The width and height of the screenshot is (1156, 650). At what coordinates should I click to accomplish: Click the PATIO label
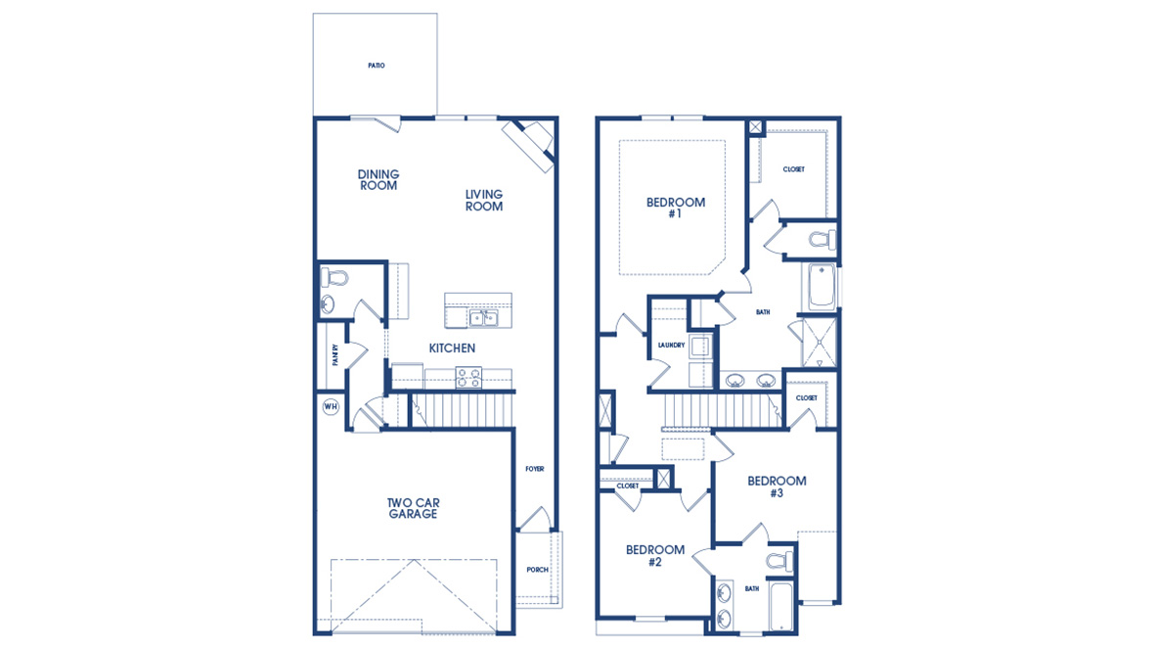pyautogui.click(x=377, y=66)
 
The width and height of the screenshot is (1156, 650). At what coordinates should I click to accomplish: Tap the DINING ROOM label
pyautogui.click(x=378, y=180)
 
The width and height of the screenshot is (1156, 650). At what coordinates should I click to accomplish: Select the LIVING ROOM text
pyautogui.click(x=483, y=201)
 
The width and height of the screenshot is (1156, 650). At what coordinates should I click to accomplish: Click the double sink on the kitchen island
pyautogui.click(x=482, y=318)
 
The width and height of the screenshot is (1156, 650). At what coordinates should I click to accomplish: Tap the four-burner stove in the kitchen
pyautogui.click(x=468, y=377)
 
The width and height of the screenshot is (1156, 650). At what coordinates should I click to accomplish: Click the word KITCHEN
pyautogui.click(x=452, y=348)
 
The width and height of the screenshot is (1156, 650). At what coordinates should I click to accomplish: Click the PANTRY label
pyautogui.click(x=334, y=354)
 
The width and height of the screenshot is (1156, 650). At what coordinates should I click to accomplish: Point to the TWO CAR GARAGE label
pyautogui.click(x=413, y=508)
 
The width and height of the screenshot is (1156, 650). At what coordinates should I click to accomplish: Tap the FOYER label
pyautogui.click(x=534, y=469)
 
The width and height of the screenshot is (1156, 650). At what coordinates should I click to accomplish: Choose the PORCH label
pyautogui.click(x=537, y=570)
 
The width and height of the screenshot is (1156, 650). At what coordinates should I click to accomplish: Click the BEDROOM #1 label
pyautogui.click(x=675, y=208)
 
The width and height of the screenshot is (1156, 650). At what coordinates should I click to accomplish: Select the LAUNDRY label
pyautogui.click(x=670, y=345)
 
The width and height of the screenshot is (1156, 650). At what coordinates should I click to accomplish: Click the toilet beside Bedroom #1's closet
pyautogui.click(x=820, y=239)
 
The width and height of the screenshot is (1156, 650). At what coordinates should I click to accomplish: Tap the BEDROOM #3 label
pyautogui.click(x=777, y=487)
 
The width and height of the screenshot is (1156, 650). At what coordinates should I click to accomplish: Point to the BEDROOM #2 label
pyautogui.click(x=654, y=556)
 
